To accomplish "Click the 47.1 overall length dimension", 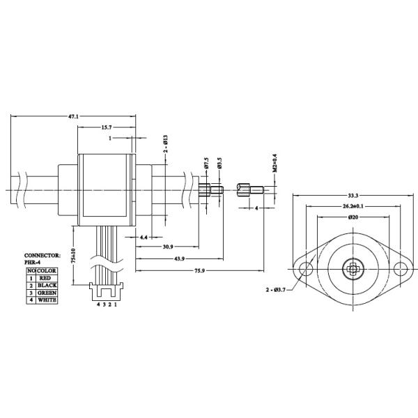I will [x=72, y=116].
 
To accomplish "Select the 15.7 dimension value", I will [x=107, y=128].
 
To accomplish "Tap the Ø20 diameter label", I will [x=354, y=218].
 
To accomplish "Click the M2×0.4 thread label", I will [x=275, y=163].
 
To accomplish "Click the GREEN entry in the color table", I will [x=47, y=293].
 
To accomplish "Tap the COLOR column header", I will [x=47, y=270].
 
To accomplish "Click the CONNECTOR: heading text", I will [x=42, y=256].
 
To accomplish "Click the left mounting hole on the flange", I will [x=304, y=270].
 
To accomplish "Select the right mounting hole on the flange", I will [x=402, y=270].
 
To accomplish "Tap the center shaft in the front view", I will [x=353, y=270].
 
